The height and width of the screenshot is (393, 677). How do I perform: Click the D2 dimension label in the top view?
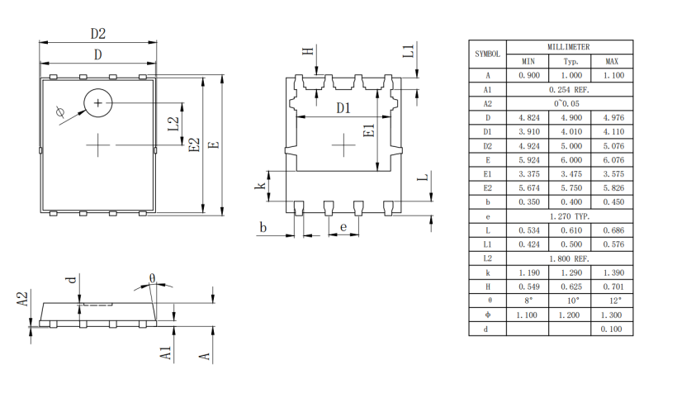(x=98, y=34)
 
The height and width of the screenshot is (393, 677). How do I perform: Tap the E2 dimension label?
(x=195, y=144)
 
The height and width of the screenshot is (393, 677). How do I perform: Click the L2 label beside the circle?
(x=173, y=124)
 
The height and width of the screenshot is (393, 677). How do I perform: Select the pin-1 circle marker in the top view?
(x=98, y=102)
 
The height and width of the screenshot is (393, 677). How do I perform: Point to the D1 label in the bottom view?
(x=343, y=108)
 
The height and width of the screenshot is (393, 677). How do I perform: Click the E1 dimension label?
(x=369, y=130)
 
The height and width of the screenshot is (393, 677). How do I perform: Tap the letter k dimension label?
(x=260, y=186)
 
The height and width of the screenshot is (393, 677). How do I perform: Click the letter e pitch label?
(x=343, y=227)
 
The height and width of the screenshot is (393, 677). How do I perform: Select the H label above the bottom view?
(x=308, y=51)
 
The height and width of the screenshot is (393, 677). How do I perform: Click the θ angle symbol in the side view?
(x=153, y=277)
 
